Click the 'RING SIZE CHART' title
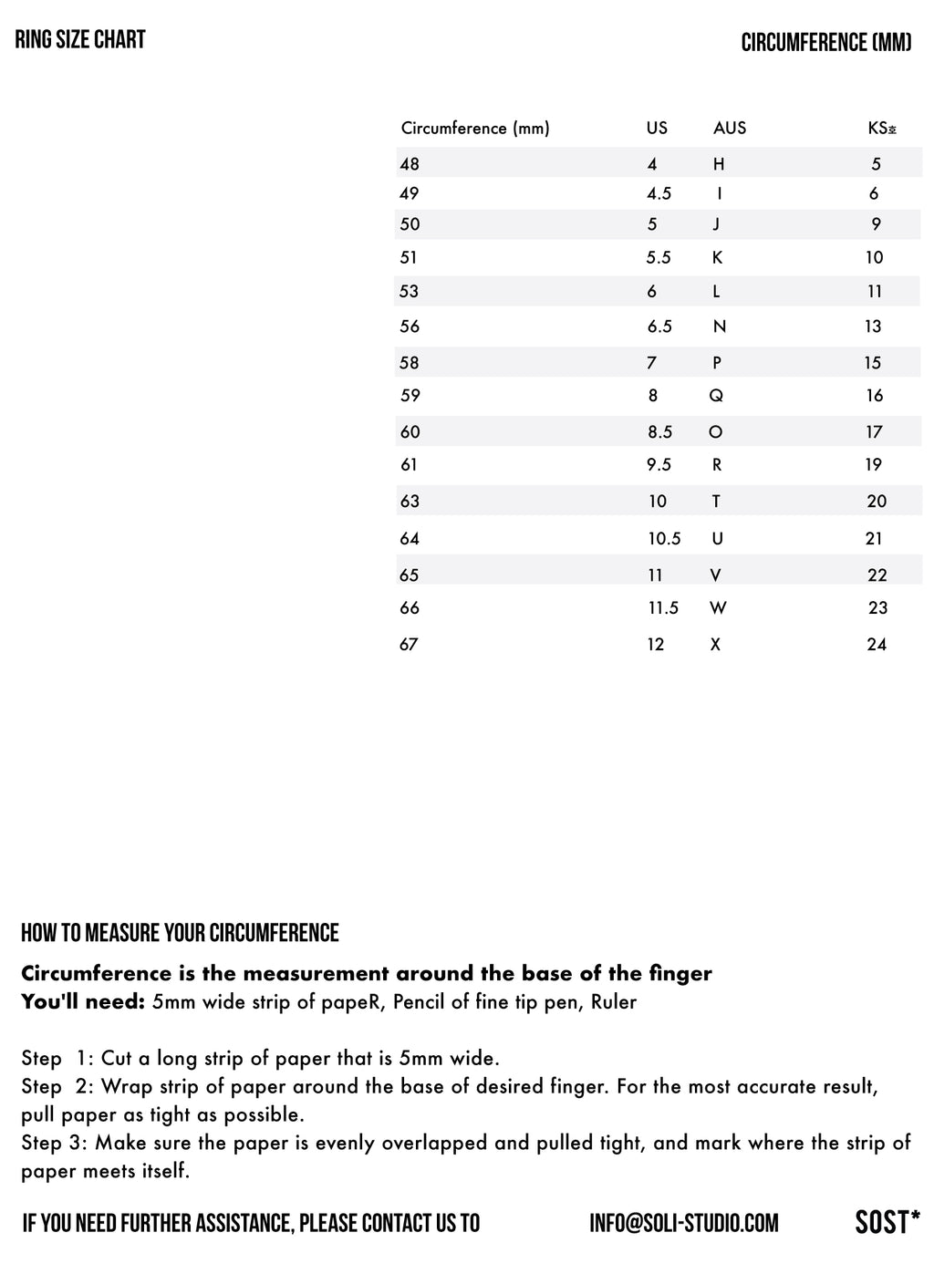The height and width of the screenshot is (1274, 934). [x=80, y=39]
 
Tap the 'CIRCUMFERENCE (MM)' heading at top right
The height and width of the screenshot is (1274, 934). [x=825, y=43]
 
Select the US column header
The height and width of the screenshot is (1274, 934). [x=657, y=129]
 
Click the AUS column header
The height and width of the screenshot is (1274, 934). [x=730, y=129]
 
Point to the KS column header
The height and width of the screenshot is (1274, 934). [x=881, y=129]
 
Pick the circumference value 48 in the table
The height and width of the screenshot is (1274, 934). [x=410, y=164]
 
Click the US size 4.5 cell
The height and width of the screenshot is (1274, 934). [x=659, y=193]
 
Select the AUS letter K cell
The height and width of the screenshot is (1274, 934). [x=717, y=258]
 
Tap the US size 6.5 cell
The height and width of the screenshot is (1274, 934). [x=659, y=326]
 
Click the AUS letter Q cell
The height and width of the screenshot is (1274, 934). [x=716, y=396]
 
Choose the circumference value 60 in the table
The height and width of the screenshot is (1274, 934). [x=410, y=432]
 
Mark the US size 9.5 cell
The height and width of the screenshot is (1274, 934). [x=659, y=465]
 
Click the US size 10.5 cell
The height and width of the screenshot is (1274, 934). [x=664, y=539]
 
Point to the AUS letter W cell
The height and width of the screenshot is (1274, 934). [x=718, y=608]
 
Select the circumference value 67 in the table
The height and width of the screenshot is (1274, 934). [x=409, y=645]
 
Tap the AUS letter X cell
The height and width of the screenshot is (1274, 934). [x=715, y=645]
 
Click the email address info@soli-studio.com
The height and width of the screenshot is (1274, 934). [x=684, y=1223]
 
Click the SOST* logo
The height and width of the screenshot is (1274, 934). [x=887, y=1222]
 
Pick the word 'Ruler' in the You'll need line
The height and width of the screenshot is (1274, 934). [x=614, y=1002]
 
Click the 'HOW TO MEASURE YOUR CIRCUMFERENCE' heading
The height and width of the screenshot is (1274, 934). [x=180, y=933]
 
